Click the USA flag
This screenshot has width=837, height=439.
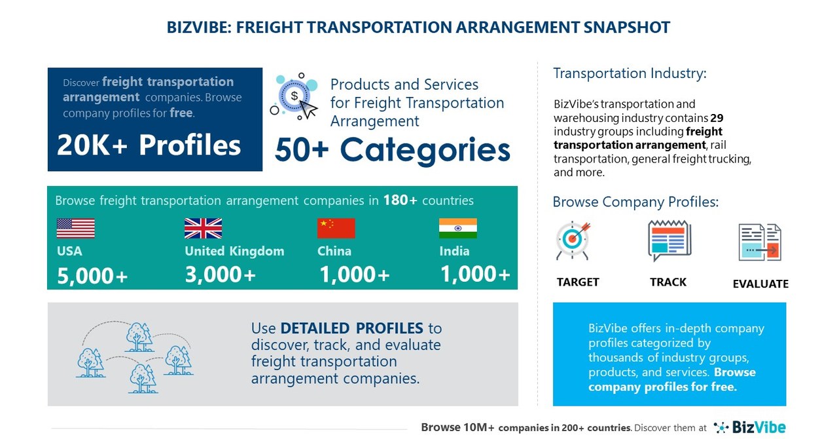click(75, 228)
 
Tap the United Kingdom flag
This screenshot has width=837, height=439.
click(203, 228)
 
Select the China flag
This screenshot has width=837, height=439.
click(336, 228)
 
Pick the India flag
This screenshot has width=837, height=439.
click(457, 228)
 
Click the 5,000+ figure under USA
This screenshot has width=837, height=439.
click(92, 276)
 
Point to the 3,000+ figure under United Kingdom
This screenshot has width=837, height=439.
click(220, 275)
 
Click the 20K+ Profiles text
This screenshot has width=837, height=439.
click(149, 145)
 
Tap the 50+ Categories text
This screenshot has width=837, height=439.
click(392, 149)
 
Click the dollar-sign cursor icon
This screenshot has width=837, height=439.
click(295, 96)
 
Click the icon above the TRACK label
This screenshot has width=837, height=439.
click(669, 240)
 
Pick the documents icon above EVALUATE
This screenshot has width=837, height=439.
click(760, 242)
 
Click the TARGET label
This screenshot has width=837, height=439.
click(578, 282)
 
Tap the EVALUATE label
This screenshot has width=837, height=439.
click(760, 284)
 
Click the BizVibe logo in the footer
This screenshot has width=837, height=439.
click(750, 427)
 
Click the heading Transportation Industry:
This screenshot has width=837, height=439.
click(630, 73)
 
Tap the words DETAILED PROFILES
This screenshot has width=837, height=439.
click(351, 328)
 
